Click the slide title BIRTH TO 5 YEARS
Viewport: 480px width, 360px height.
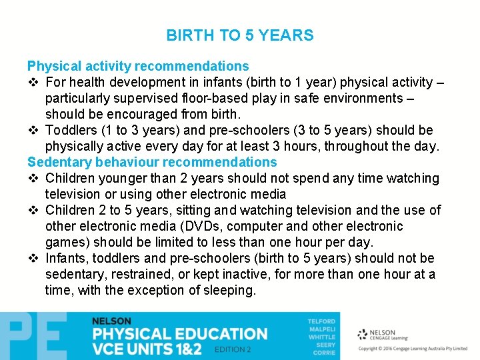(x=240, y=35)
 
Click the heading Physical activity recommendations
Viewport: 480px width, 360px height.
(x=138, y=66)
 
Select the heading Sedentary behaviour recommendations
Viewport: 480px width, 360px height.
(x=152, y=162)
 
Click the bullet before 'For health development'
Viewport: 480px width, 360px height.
(x=33, y=83)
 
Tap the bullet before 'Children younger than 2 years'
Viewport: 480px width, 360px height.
(x=33, y=179)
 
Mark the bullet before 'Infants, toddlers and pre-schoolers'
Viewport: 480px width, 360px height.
(x=33, y=259)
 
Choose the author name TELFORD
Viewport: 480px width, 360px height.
(x=321, y=322)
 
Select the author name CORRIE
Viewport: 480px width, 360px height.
(x=325, y=352)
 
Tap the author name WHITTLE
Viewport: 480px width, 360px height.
(x=322, y=337)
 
